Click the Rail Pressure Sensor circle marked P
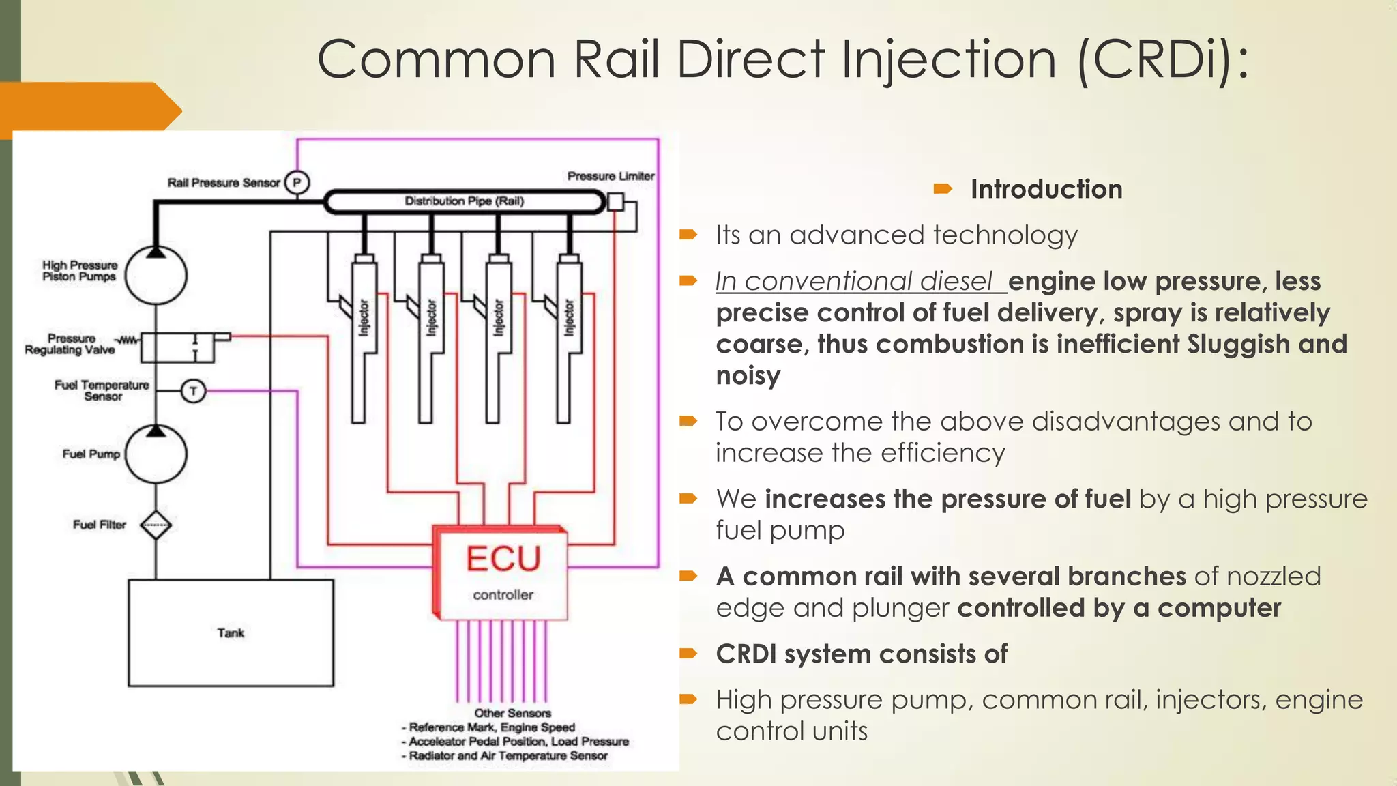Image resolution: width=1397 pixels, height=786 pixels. (x=297, y=183)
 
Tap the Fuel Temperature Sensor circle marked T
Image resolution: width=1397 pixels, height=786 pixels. (x=193, y=391)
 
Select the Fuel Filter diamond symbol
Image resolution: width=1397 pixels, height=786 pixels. (x=156, y=525)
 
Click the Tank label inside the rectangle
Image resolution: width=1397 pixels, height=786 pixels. (x=231, y=633)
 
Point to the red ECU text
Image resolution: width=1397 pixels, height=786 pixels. (x=503, y=559)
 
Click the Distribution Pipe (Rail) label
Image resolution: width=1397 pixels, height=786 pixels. (x=464, y=201)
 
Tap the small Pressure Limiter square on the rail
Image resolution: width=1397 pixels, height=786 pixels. (x=615, y=202)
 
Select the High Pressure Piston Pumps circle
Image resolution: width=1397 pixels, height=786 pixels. (x=156, y=275)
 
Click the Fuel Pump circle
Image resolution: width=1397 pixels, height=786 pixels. (x=156, y=454)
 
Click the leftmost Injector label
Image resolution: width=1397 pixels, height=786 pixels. (x=364, y=317)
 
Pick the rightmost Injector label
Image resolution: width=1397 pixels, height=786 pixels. (x=568, y=317)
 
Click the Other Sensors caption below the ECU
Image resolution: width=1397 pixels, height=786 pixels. (x=512, y=713)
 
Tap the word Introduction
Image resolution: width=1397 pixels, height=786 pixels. (x=1046, y=189)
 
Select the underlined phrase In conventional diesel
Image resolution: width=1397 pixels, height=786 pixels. (x=853, y=281)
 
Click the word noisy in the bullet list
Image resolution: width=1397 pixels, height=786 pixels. (x=748, y=376)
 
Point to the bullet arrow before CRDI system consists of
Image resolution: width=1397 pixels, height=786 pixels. (x=688, y=654)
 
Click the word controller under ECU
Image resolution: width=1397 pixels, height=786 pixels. (x=503, y=595)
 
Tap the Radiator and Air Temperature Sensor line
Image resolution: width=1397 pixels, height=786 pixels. (x=508, y=756)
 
